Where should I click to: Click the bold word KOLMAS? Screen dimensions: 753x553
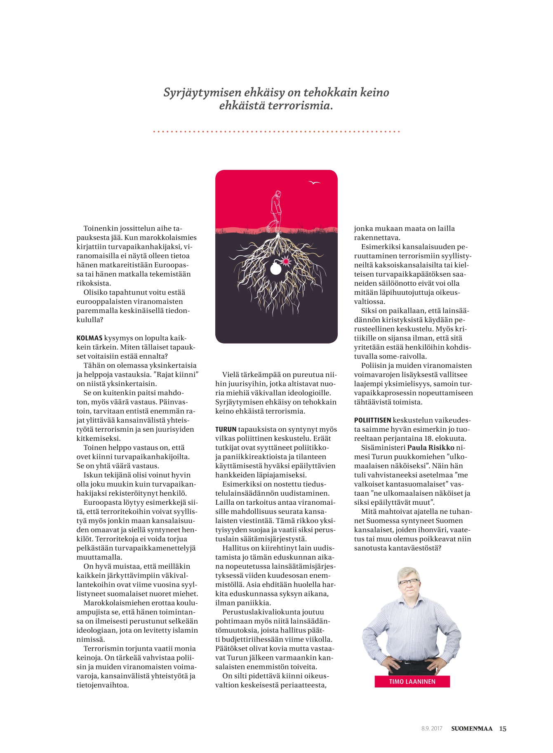[89, 338]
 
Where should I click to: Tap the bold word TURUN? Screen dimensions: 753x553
[226, 429]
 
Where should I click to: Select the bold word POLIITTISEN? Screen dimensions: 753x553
[372, 420]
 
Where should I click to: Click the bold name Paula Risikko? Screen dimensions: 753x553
[431, 447]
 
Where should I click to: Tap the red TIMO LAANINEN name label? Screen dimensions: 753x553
[412, 682]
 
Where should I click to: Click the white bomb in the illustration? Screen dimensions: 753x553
[275, 269]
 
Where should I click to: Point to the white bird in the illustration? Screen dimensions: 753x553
[314, 183]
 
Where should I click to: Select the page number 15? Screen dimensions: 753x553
[503, 729]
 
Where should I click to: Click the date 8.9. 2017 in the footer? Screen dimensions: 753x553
[432, 729]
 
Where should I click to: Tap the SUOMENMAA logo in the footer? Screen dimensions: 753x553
[472, 729]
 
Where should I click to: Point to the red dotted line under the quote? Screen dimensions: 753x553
[276, 132]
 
